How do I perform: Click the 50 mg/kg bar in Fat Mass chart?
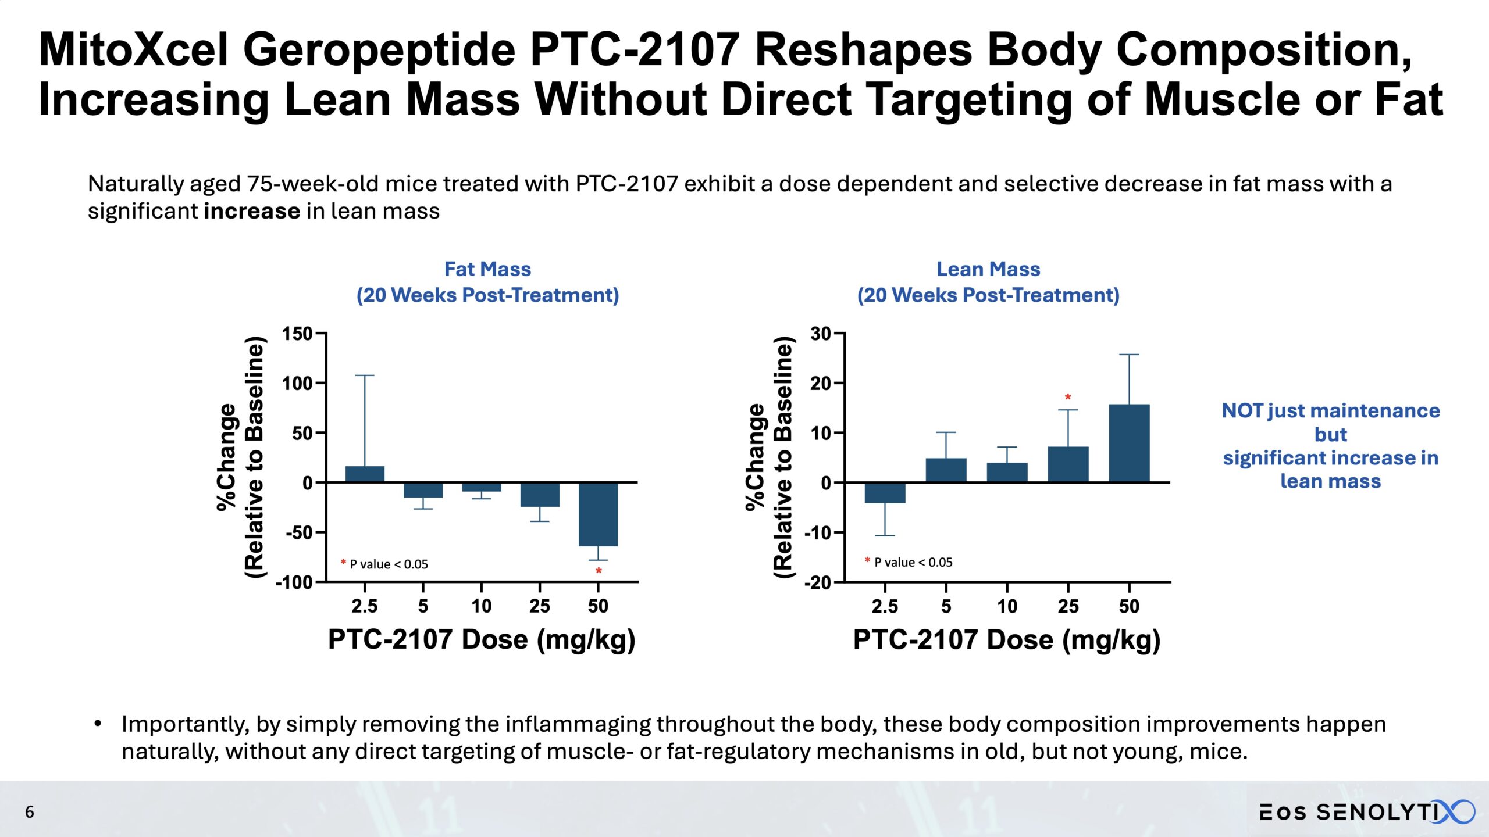point(598,514)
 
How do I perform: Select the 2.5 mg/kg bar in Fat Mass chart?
point(365,474)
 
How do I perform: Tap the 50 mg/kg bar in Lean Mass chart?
point(1129,443)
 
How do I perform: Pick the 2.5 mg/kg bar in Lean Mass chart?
point(885,493)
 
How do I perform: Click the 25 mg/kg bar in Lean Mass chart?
point(1068,464)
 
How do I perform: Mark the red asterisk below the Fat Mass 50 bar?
point(599,571)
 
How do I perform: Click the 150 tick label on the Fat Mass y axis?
point(297,334)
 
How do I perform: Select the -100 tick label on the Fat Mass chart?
point(294,582)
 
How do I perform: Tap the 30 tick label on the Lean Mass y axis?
point(821,334)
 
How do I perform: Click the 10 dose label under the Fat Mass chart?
point(481,606)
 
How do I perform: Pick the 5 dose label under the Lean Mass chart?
point(946,606)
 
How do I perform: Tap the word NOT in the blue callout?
point(1242,411)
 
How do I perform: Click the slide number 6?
point(30,812)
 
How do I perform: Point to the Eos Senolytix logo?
point(1367,812)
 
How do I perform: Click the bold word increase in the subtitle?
point(252,211)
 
